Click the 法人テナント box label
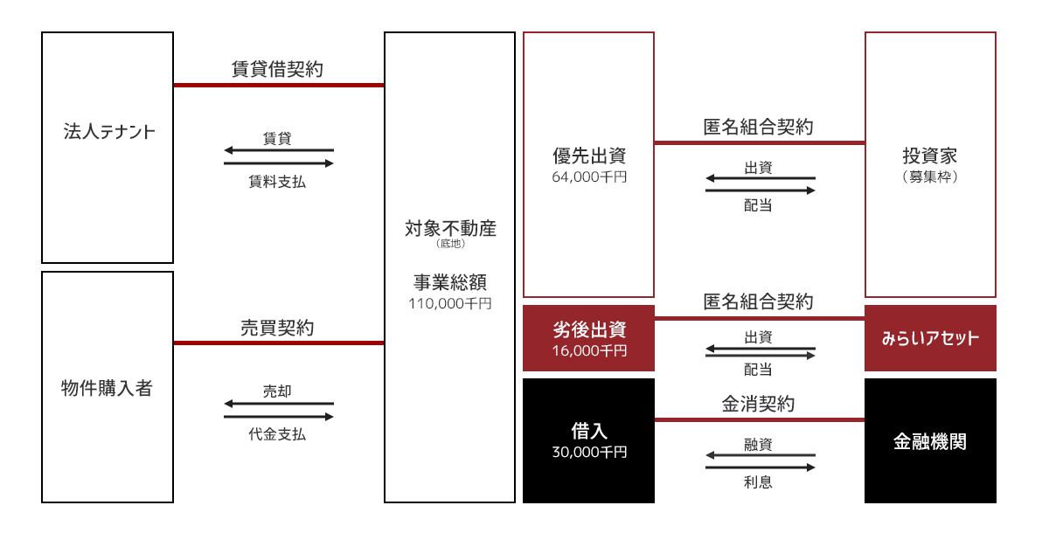(x=109, y=131)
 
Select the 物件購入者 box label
(x=107, y=388)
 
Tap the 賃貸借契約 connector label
(x=277, y=69)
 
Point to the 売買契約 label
(x=277, y=328)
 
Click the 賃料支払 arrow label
(x=277, y=182)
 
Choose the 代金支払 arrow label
(x=277, y=434)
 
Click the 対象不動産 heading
(x=450, y=228)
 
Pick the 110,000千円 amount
(x=449, y=304)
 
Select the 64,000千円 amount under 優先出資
(x=589, y=177)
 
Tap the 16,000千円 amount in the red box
(x=589, y=350)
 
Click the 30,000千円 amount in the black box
(x=589, y=452)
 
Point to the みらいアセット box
(x=930, y=338)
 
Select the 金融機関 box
(x=930, y=440)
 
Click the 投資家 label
(x=930, y=156)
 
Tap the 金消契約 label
(x=758, y=404)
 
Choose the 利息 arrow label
(x=758, y=482)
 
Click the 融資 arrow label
(x=758, y=444)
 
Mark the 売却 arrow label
(x=277, y=391)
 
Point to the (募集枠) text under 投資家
(x=930, y=177)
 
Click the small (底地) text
(x=450, y=243)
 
